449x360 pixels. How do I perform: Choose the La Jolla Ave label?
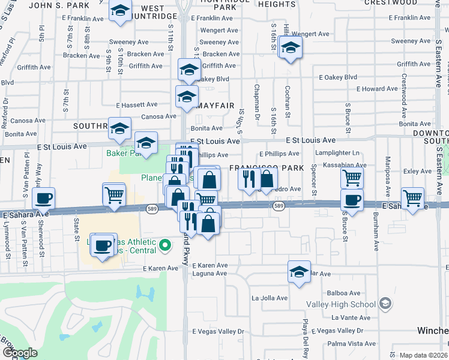click(270, 298)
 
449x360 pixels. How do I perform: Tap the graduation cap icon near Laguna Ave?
click(299, 272)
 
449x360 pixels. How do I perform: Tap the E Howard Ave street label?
click(377, 89)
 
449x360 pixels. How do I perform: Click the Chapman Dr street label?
click(257, 100)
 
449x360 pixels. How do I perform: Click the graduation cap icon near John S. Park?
click(121, 11)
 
